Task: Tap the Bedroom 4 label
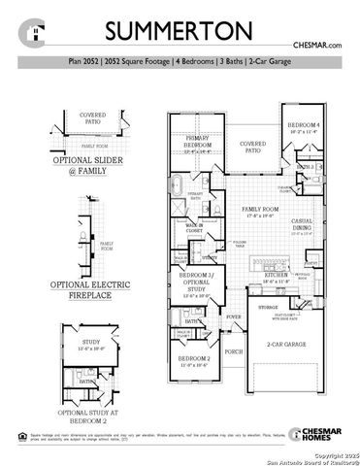pyautogui.click(x=304, y=127)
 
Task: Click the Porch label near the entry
pyautogui.click(x=234, y=352)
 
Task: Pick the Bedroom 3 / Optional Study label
pyautogui.click(x=198, y=280)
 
